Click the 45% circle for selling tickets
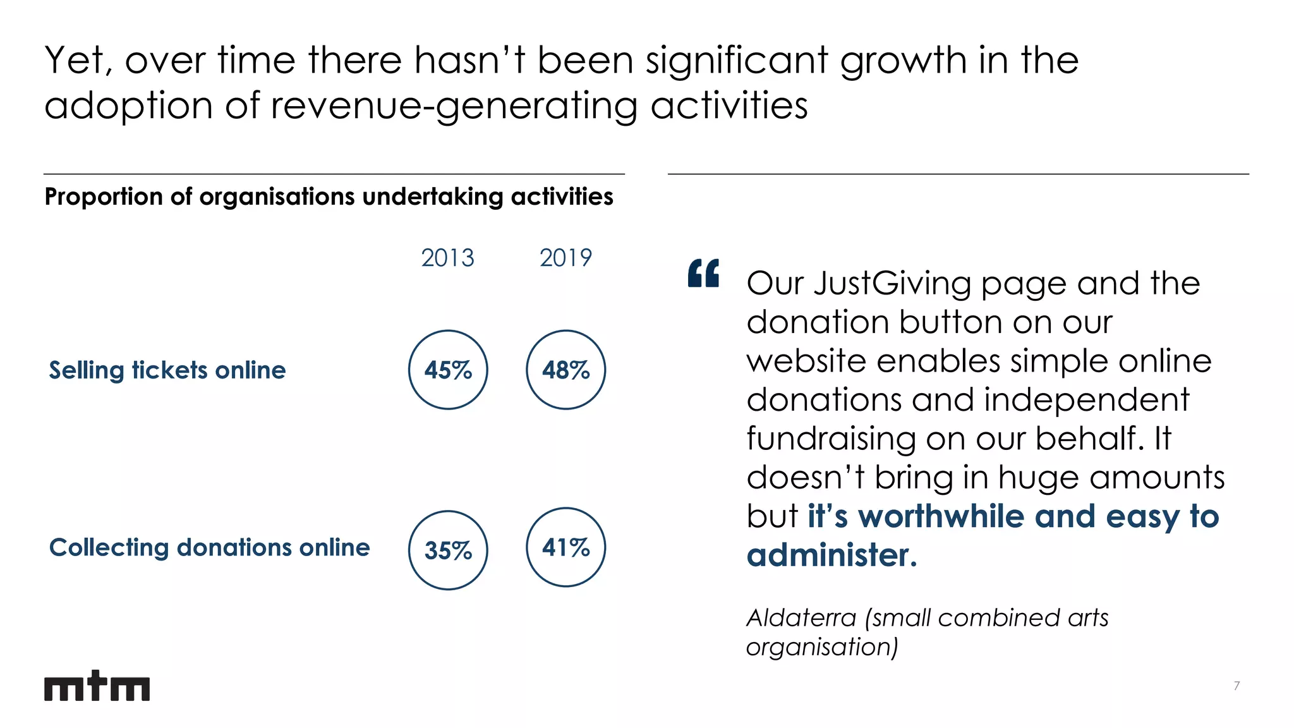pos(448,370)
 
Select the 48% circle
pos(565,370)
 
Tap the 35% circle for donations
pos(448,550)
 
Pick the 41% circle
pos(565,547)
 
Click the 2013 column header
pos(447,258)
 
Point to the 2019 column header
pos(565,258)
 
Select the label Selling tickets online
pos(167,370)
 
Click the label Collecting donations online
pos(209,547)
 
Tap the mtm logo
pos(97,686)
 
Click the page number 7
pos(1237,686)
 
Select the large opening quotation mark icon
pos(703,273)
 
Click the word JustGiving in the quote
pos(892,284)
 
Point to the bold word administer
pos(831,555)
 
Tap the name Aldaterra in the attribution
pos(801,618)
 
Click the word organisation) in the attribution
pos(821,647)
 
